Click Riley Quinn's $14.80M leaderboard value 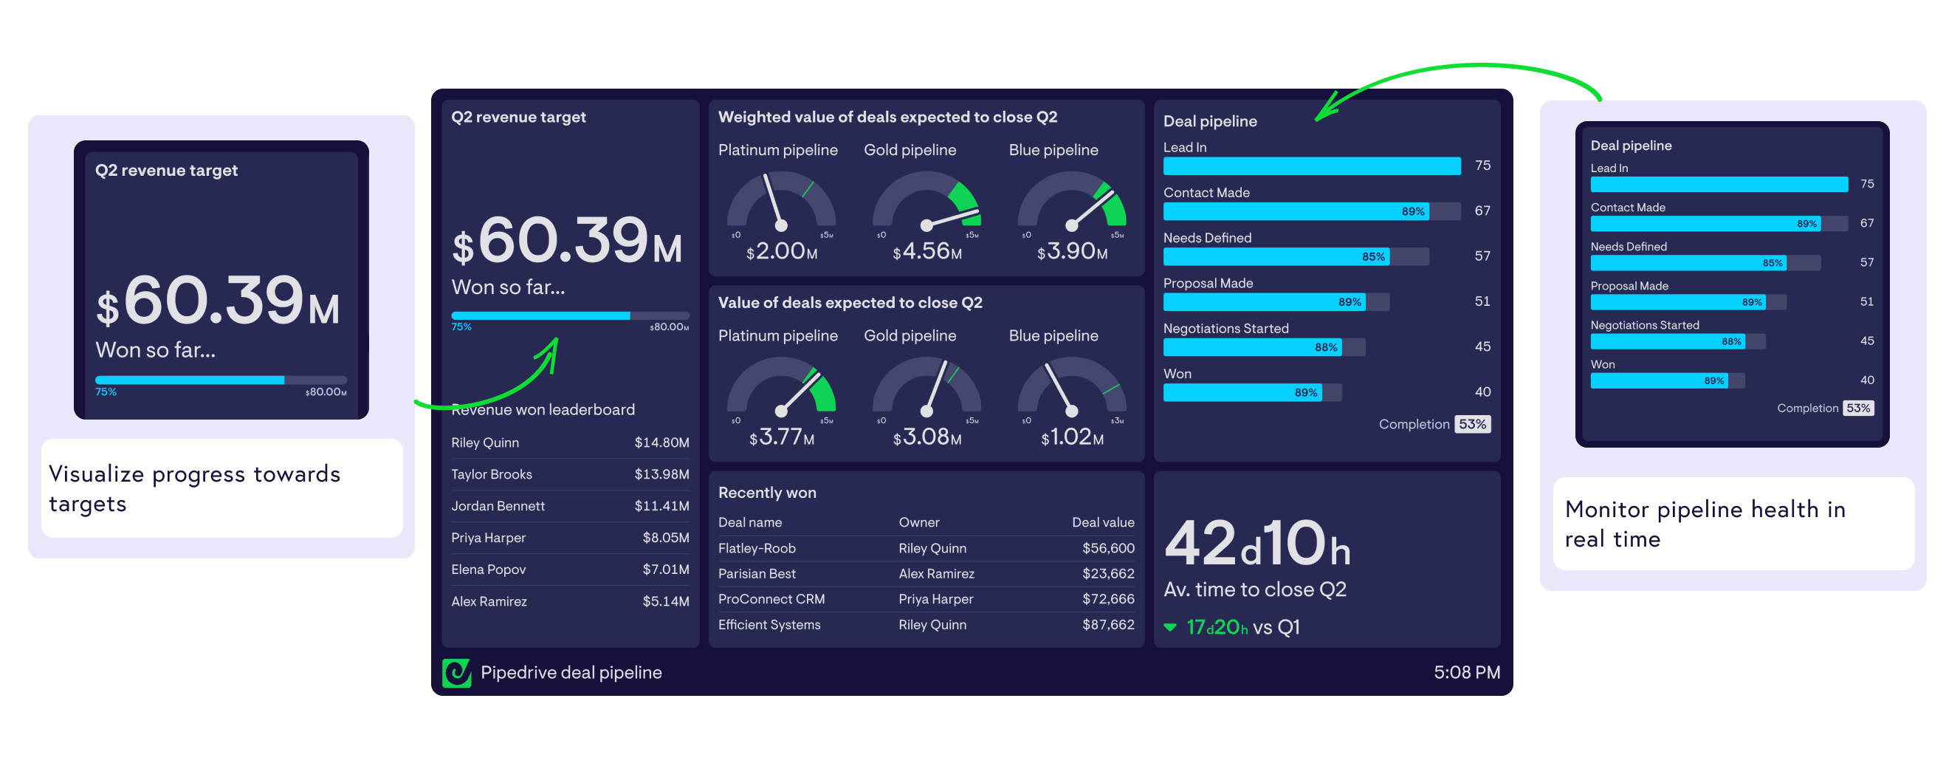click(x=661, y=443)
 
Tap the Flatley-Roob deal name click(x=756, y=549)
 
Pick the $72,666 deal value click(x=1107, y=599)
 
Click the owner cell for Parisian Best click(x=936, y=575)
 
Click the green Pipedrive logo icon click(x=456, y=673)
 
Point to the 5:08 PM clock click(x=1466, y=673)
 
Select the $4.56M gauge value click(x=927, y=251)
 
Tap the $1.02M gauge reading click(x=1072, y=437)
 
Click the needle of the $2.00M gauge click(x=774, y=200)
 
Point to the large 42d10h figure click(x=1256, y=544)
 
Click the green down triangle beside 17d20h click(x=1170, y=627)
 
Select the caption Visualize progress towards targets click(x=194, y=488)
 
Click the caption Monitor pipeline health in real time click(x=1705, y=524)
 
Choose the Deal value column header click(x=1102, y=522)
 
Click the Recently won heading click(x=767, y=493)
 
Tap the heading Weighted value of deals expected click(x=887, y=117)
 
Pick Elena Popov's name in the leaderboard click(x=488, y=570)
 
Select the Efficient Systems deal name click(x=769, y=625)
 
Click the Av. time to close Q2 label click(x=1254, y=589)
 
